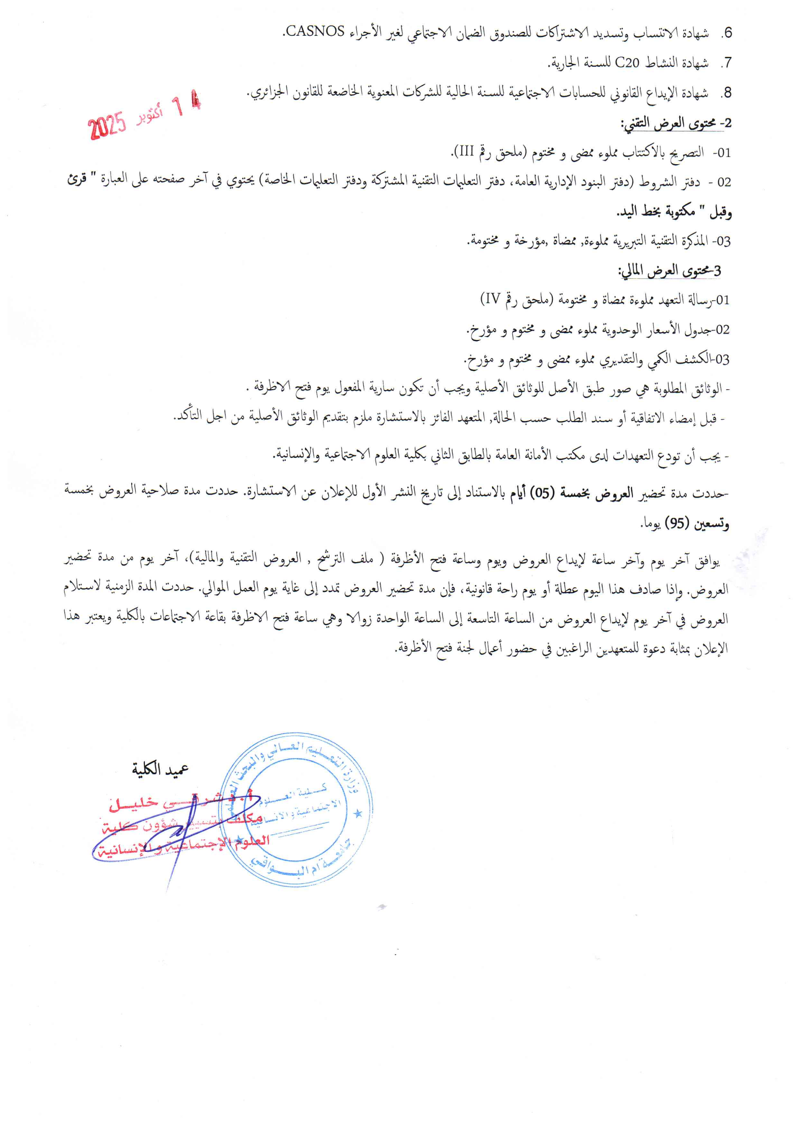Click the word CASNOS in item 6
point(315,31)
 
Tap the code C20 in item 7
point(628,62)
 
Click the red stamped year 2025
point(107,126)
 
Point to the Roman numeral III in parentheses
point(463,152)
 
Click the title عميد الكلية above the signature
point(160,769)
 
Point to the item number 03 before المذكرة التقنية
point(723,241)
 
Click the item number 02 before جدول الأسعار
point(722,329)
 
